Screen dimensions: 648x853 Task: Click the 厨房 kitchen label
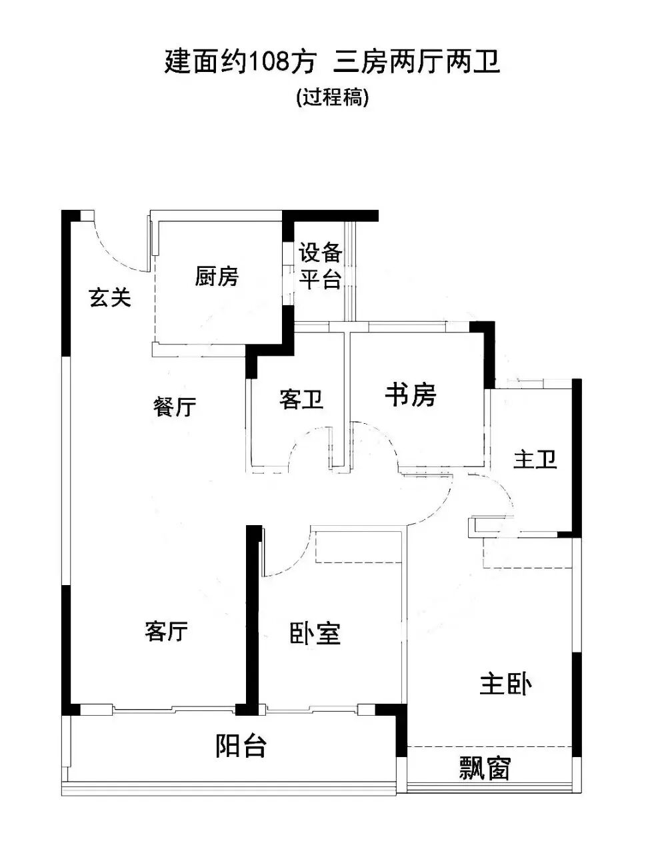217,276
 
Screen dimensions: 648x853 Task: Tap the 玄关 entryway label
110,298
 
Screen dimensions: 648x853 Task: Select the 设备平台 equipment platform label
320,266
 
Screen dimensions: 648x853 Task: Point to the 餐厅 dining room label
175,407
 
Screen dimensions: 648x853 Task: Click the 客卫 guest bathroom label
301,399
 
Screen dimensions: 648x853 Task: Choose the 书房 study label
411,395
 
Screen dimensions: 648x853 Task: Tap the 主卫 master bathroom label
535,459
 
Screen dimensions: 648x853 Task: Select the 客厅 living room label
166,630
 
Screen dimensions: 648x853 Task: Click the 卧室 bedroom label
315,633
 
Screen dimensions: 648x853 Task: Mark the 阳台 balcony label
241,746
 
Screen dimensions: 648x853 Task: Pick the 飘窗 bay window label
485,768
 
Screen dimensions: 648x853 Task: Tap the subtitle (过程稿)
332,98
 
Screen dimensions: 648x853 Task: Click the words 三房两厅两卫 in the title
417,63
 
